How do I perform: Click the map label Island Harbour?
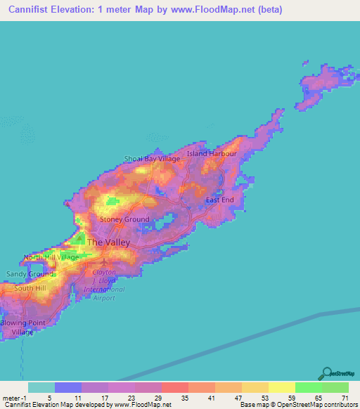tap(212, 153)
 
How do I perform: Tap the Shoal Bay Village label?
tap(152, 159)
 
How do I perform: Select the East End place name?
tap(219, 200)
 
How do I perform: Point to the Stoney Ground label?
tap(124, 219)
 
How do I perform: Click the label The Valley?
tap(108, 242)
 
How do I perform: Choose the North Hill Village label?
tap(51, 257)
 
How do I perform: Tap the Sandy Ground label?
tap(30, 273)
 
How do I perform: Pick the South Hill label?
tap(30, 288)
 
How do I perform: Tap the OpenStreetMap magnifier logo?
tap(326, 372)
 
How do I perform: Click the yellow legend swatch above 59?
tap(281, 387)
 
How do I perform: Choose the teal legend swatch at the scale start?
tap(41, 387)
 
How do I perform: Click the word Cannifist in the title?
tap(29, 11)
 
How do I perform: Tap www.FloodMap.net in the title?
tap(203, 11)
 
